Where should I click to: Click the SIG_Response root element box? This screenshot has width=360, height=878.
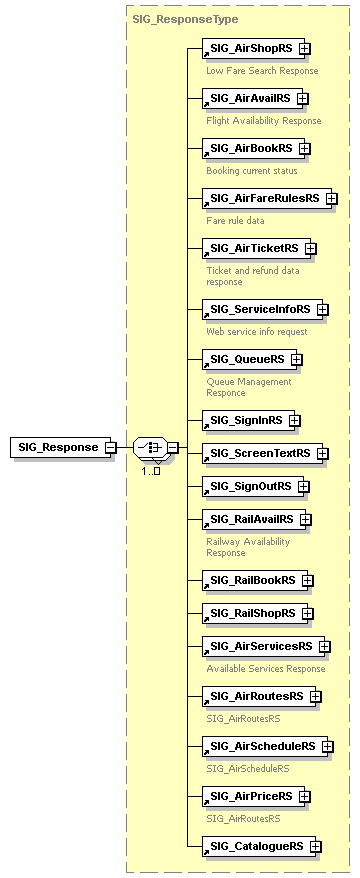pyautogui.click(x=57, y=447)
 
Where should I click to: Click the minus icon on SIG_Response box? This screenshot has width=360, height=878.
pyautogui.click(x=110, y=447)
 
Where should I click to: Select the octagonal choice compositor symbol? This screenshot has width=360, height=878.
pyautogui.click(x=149, y=447)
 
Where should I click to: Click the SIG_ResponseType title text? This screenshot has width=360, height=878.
pyautogui.click(x=171, y=18)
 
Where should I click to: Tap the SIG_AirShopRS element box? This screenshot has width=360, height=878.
pyautogui.click(x=250, y=47)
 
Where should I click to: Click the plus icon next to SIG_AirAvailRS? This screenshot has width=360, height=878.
pyautogui.click(x=303, y=98)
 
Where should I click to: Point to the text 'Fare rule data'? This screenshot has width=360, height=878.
pyautogui.click(x=236, y=220)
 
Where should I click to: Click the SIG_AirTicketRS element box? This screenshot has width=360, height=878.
pyautogui.click(x=254, y=248)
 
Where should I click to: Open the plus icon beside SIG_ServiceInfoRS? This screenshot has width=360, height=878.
pyautogui.click(x=323, y=310)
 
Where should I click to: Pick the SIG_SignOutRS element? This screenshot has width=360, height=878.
pyautogui.click(x=250, y=486)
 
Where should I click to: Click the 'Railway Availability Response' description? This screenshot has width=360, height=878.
pyautogui.click(x=248, y=547)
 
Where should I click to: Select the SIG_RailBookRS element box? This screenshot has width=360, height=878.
pyautogui.click(x=252, y=580)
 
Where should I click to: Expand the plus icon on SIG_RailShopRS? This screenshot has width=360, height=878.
pyautogui.click(x=308, y=613)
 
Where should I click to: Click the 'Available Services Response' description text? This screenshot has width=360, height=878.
pyautogui.click(x=266, y=669)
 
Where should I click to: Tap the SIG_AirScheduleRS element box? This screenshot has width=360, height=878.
pyautogui.click(x=262, y=746)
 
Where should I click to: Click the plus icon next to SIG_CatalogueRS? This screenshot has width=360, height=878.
pyautogui.click(x=316, y=846)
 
